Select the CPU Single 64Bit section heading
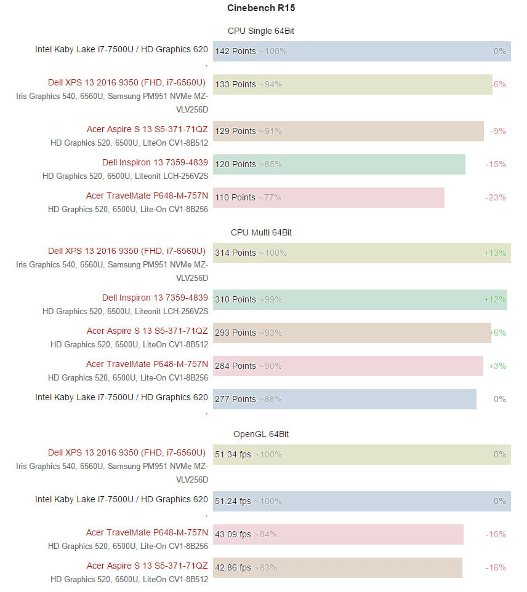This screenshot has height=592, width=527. [261, 31]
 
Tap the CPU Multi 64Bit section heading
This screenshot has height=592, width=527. [261, 232]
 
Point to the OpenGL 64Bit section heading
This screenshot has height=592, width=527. [261, 434]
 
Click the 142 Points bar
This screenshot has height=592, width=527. [362, 51]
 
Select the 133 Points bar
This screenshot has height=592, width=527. [353, 84]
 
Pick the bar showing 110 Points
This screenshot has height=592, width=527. [329, 197]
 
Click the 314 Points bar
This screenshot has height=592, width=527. [362, 253]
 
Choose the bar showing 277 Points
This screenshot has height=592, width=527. [345, 399]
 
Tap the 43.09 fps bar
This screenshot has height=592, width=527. [338, 534]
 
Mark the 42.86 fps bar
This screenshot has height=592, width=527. [337, 567]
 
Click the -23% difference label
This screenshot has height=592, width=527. [496, 197]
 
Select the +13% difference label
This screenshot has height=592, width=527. [495, 253]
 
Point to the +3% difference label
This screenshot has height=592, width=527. [497, 366]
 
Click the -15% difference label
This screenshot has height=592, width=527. [496, 164]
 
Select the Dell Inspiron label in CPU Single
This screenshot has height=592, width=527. [155, 162]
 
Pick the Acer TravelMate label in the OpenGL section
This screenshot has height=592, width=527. [147, 532]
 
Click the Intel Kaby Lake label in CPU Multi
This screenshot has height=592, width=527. [121, 397]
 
